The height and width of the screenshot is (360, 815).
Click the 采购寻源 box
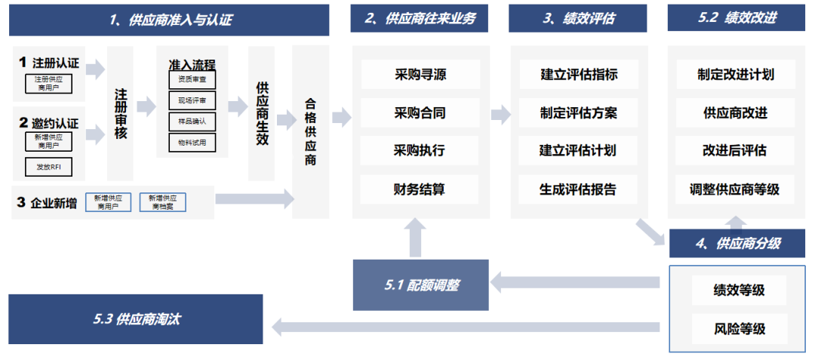(x=420, y=75)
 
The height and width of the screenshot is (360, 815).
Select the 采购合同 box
(x=420, y=113)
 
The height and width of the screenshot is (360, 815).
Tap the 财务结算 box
(x=420, y=189)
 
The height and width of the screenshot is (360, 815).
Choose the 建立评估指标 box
(x=579, y=75)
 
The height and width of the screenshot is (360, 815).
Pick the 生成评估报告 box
(x=579, y=189)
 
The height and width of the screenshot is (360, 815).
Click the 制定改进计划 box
(x=735, y=75)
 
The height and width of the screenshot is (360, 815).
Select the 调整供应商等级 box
(x=735, y=189)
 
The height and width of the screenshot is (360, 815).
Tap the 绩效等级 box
(x=739, y=290)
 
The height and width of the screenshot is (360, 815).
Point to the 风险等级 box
(x=739, y=328)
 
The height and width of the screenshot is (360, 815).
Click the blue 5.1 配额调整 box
(x=420, y=285)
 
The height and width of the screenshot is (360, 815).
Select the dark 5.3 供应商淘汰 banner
(x=136, y=319)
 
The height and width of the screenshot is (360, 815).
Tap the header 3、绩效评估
(x=577, y=18)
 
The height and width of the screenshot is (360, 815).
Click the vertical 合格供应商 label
(x=310, y=132)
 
